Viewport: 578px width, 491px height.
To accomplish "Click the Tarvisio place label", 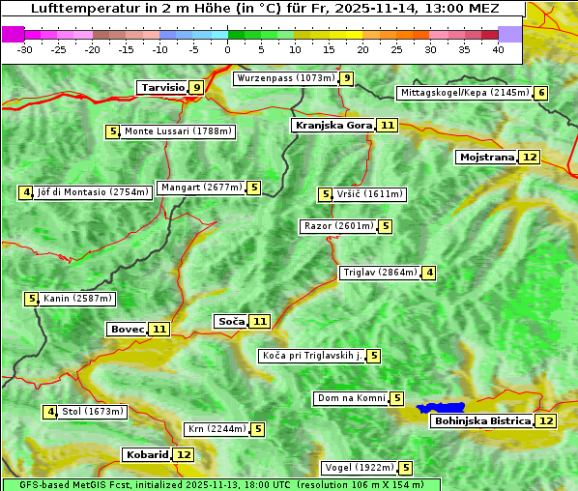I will tap(162, 87).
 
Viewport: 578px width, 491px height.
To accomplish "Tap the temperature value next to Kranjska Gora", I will tap(388, 125).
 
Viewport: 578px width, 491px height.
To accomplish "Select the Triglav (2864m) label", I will tap(379, 273).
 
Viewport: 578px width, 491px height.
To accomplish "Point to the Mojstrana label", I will tap(487, 157).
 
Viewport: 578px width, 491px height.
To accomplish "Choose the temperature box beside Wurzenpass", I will tap(347, 78).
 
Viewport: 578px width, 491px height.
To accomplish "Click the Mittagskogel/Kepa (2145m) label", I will tap(464, 93).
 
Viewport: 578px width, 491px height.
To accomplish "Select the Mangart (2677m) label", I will tap(201, 188).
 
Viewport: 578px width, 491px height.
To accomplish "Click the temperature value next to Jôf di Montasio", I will tap(26, 192).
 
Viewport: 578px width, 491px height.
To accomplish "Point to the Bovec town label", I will tap(127, 329).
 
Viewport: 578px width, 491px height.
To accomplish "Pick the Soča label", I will tap(231, 321).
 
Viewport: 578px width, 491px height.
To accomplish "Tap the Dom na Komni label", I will tap(351, 398).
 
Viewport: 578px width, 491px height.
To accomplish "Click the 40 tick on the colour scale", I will tap(498, 49).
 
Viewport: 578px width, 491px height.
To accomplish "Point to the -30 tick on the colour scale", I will tap(25, 49).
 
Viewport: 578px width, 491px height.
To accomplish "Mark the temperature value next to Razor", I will tap(386, 226).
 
